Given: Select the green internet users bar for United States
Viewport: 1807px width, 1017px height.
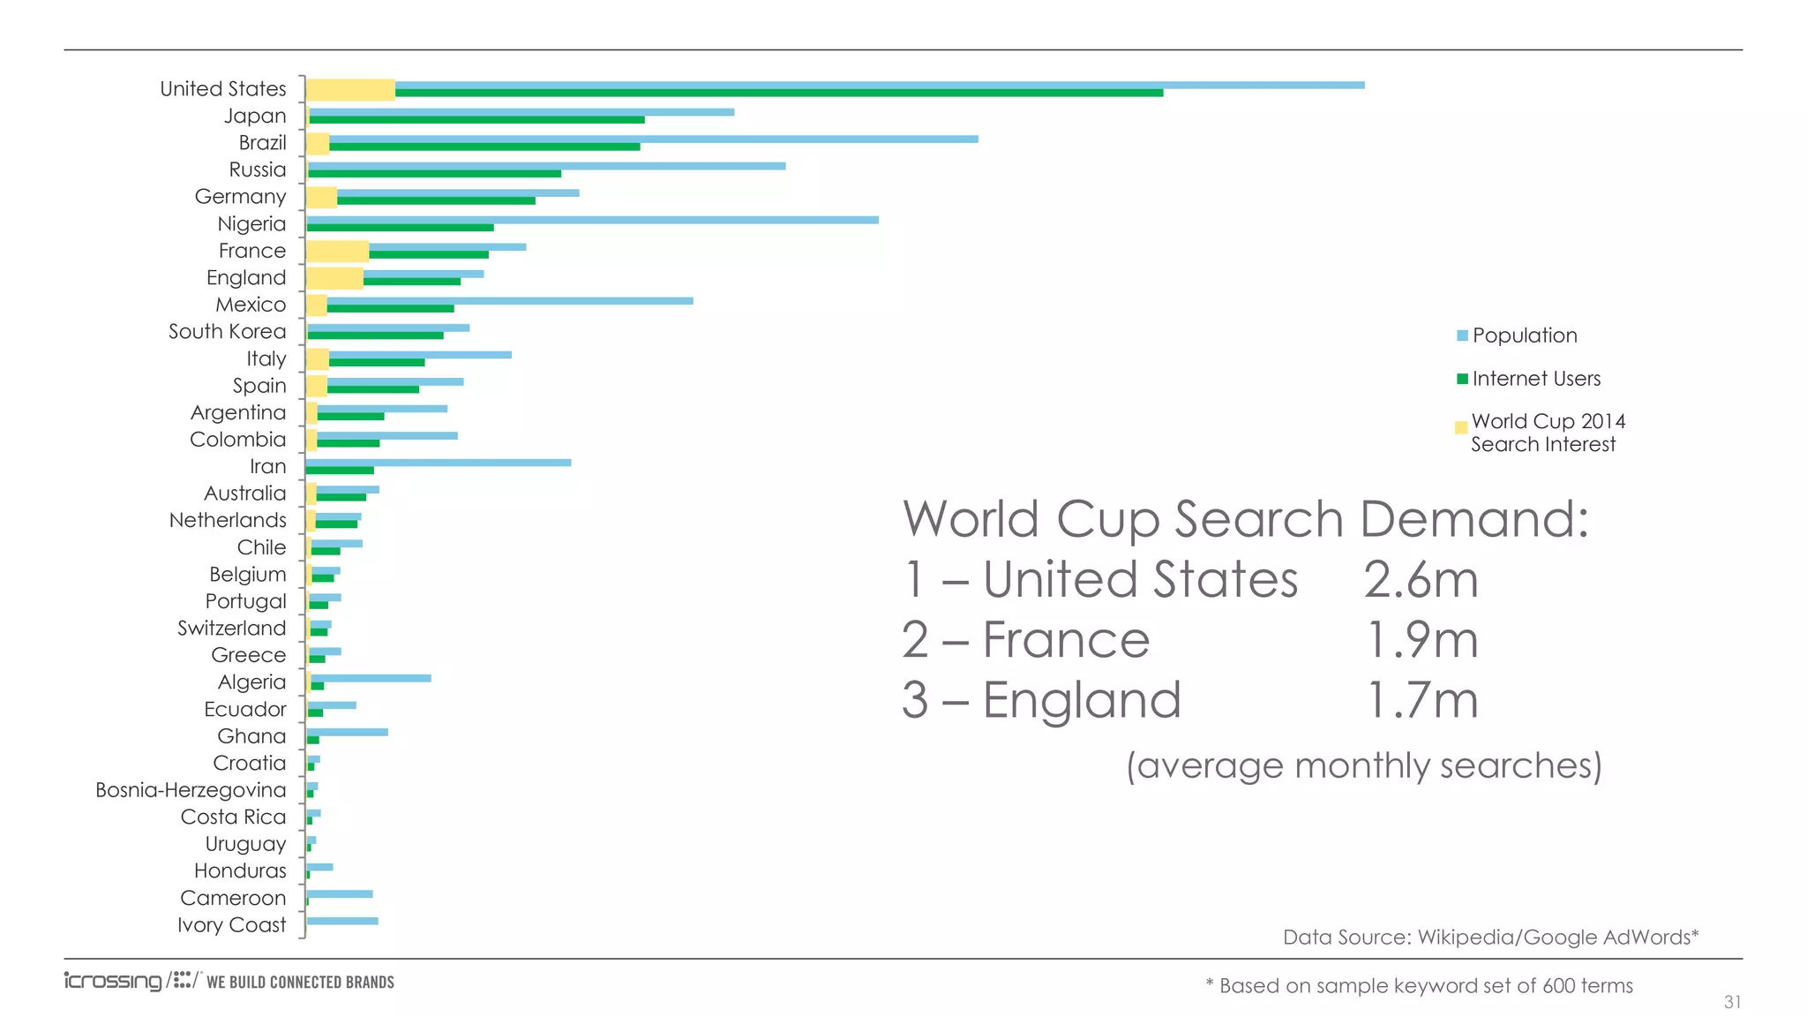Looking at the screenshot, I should pos(776,93).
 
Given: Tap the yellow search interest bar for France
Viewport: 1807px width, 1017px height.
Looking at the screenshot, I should pos(337,251).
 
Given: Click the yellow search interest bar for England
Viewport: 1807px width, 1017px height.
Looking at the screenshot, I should pos(334,278).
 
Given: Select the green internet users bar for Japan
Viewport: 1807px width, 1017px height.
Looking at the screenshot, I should pos(476,120).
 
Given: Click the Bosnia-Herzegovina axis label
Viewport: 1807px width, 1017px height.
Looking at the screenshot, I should pos(191,790).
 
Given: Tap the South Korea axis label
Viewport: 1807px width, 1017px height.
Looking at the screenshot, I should pos(227,332).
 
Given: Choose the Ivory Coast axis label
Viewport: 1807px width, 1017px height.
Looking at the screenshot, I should pos(231,925).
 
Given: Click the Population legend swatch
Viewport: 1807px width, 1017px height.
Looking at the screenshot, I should pos(1462,335).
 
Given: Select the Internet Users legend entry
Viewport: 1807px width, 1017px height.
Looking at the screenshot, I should pos(1535,379).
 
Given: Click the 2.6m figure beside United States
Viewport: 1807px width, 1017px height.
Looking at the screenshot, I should pos(1421,580).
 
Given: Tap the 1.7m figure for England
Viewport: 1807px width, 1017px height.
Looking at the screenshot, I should pos(1421,700).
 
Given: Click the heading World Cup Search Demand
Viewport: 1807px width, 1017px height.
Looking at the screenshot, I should pos(1244,519).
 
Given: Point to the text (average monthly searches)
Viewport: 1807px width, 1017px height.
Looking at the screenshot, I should pos(1363,765).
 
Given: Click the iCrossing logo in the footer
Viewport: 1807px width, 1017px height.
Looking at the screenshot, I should pos(113,981).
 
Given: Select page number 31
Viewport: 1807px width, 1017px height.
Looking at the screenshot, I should pos(1732,1002).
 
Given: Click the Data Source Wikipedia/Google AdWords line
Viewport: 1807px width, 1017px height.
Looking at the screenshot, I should pos(1490,938).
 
